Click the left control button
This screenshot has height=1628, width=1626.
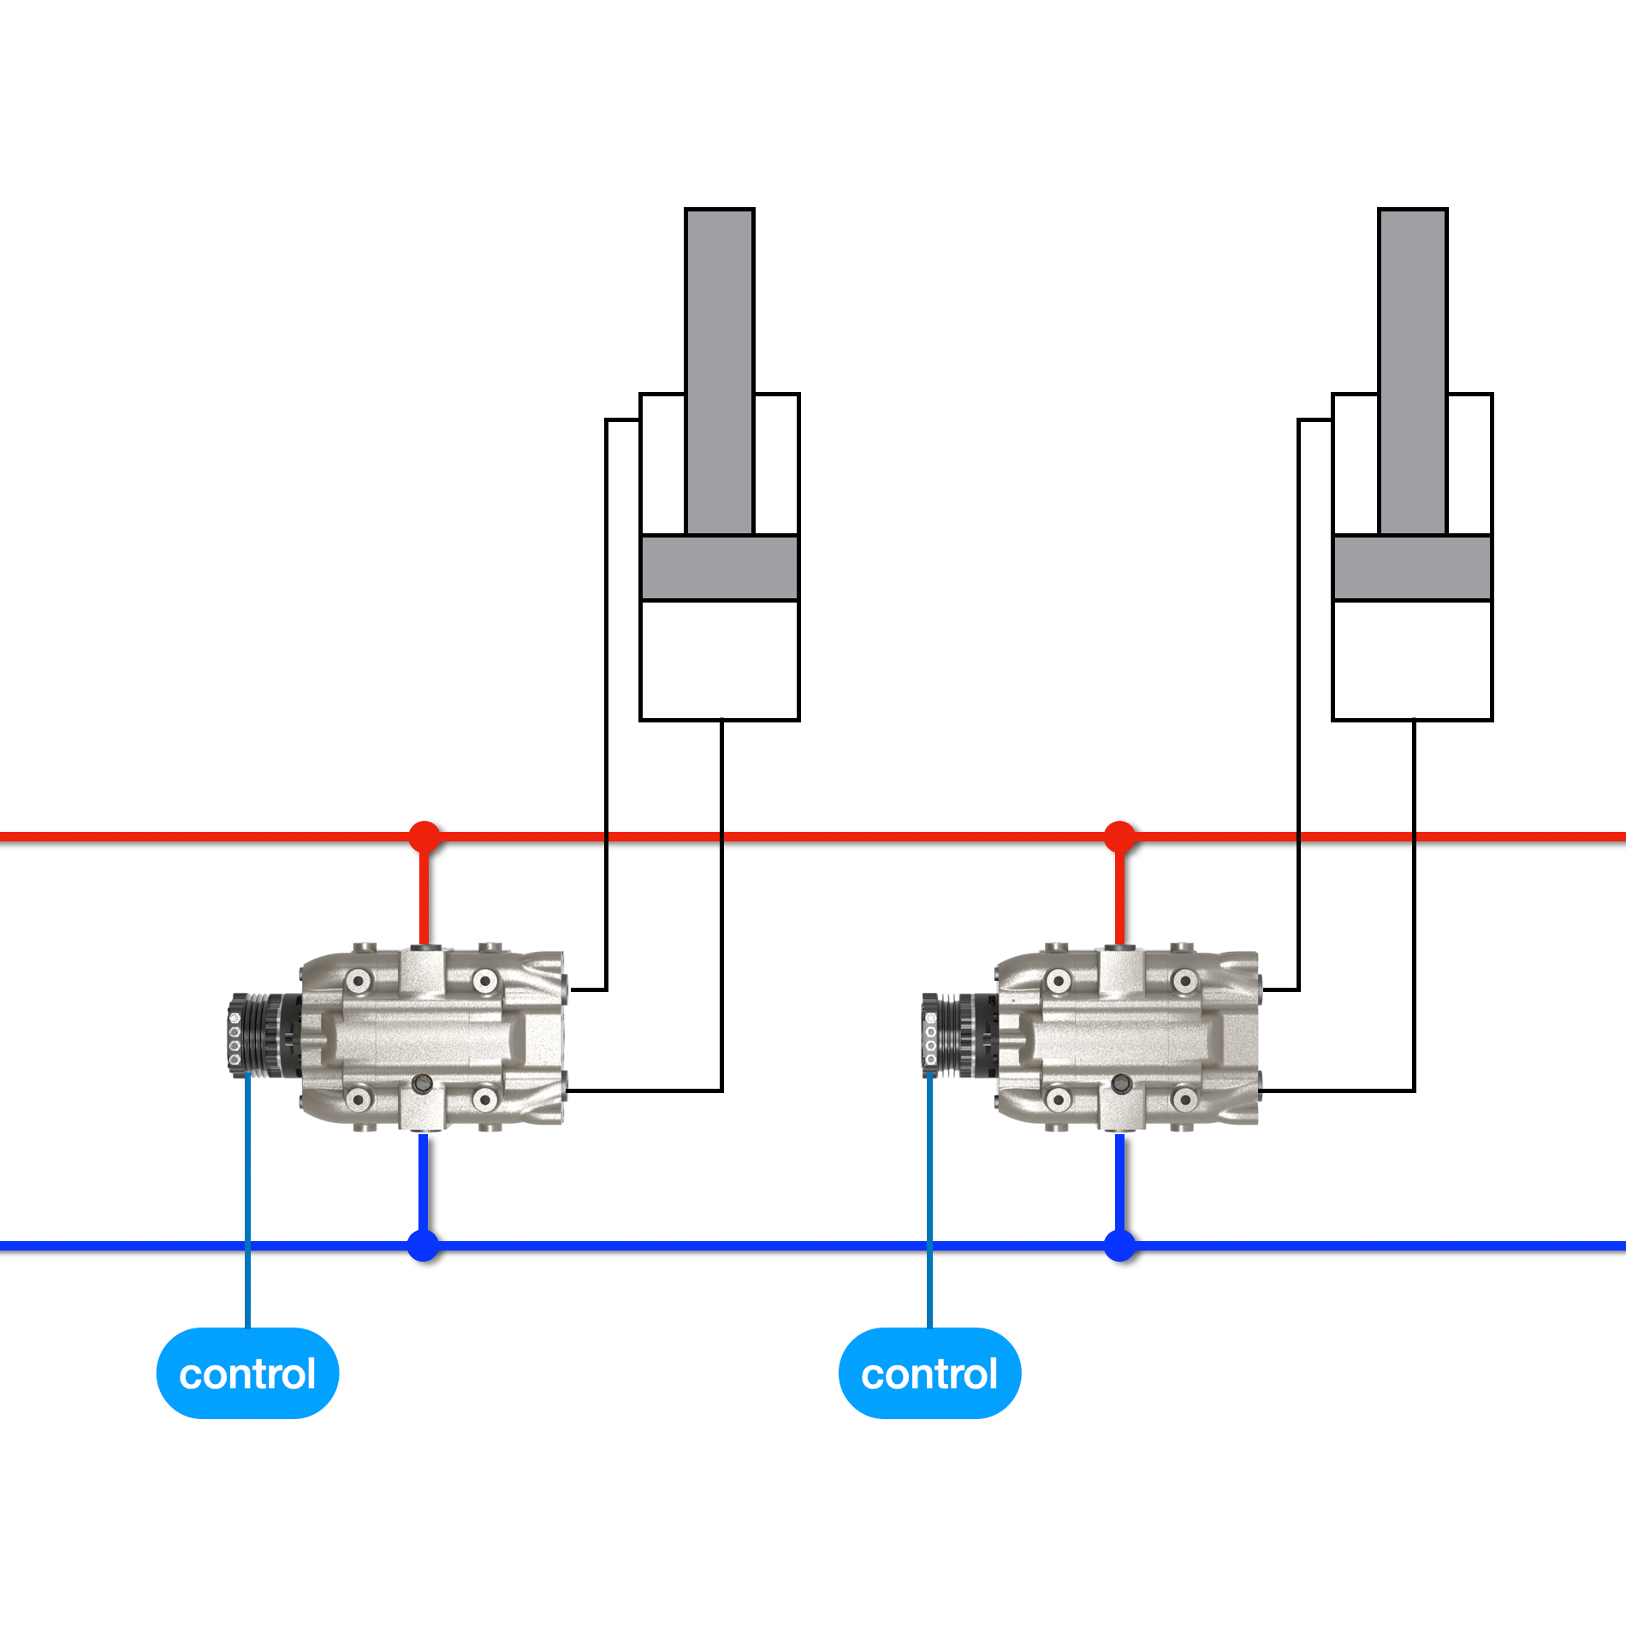coord(247,1373)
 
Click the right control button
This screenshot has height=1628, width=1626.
coord(929,1373)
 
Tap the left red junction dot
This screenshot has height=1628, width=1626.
coord(424,836)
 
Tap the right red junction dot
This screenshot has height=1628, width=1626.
coord(1119,836)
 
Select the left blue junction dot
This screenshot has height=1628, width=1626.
coord(423,1245)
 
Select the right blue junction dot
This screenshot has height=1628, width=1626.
coord(1119,1245)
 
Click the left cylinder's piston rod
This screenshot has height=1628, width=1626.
coord(719,368)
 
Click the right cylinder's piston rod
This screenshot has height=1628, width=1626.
coord(1412,368)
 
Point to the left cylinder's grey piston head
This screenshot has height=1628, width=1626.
coord(719,567)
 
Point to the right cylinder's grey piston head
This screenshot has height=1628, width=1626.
coord(1412,567)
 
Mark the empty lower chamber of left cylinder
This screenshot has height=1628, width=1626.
coord(719,659)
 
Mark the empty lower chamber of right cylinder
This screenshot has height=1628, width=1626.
coord(1412,659)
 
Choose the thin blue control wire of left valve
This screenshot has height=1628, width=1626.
coord(247,1198)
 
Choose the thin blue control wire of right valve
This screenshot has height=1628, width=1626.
coord(929,1198)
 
